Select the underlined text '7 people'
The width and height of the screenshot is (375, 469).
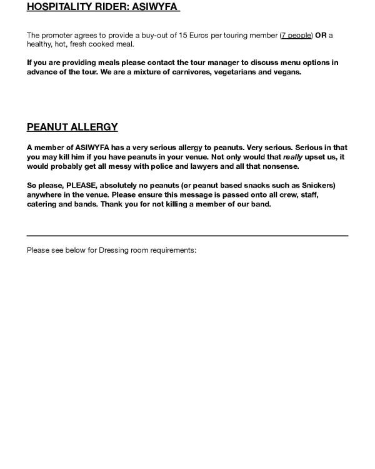coord(296,35)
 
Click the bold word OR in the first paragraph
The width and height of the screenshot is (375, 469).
coord(321,35)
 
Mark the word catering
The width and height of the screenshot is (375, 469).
coord(42,204)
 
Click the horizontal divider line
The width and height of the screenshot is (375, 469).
coord(187,236)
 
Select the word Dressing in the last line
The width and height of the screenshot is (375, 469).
coord(113,250)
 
